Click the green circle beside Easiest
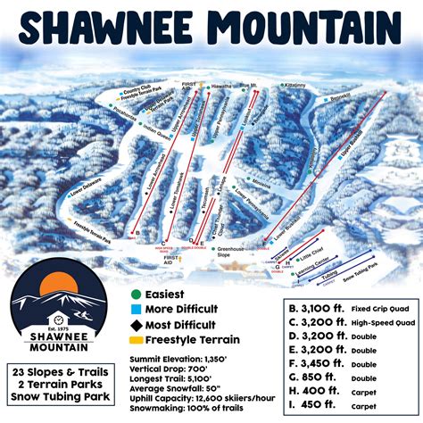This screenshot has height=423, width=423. tap(136, 294)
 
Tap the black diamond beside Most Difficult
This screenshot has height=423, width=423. tap(136, 324)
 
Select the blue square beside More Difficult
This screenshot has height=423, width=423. tap(136, 309)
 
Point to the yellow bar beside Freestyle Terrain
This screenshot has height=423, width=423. tap(136, 339)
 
